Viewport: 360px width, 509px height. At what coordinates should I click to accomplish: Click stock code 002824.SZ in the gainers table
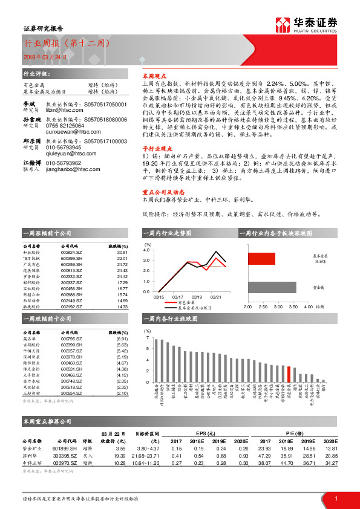[x=71, y=253]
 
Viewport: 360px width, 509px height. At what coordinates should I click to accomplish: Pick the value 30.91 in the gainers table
[x=122, y=253]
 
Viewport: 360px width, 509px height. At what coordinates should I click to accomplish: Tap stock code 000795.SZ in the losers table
[x=71, y=339]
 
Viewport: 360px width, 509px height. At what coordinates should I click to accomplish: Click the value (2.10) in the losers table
[x=122, y=393]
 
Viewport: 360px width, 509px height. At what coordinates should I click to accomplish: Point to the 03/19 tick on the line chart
[x=197, y=297]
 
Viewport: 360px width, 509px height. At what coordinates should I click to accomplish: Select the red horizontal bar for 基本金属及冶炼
[x=261, y=259]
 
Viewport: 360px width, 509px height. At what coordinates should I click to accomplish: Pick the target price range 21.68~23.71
[x=145, y=455]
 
